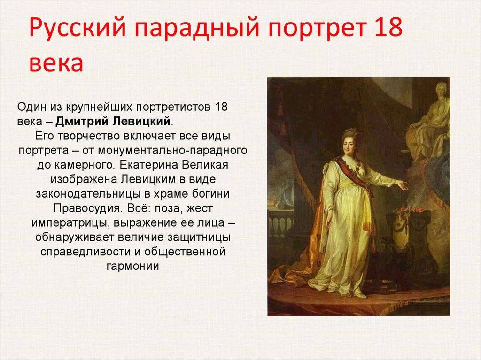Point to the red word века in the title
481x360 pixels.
pyautogui.click(x=56, y=63)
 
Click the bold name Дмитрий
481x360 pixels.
pyautogui.click(x=82, y=122)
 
